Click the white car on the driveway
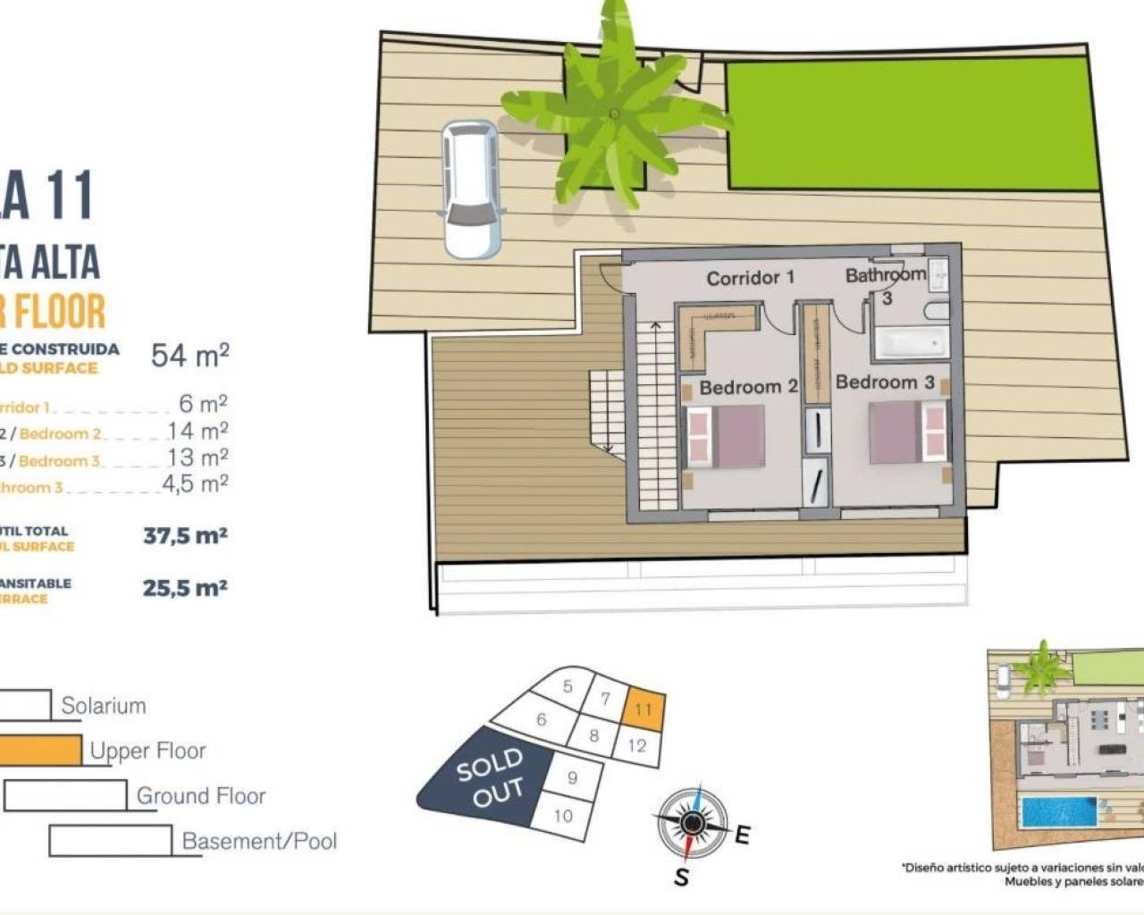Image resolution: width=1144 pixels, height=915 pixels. pos(471,189)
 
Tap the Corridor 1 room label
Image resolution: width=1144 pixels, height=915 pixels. pos(750,278)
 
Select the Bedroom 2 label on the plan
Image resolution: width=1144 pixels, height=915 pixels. pos(748,387)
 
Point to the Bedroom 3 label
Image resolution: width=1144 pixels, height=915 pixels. pos(884,382)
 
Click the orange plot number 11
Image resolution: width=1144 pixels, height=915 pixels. pos(643,709)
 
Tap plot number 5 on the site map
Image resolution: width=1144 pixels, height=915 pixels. pos(568,686)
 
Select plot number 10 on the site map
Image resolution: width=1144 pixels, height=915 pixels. pos(563,815)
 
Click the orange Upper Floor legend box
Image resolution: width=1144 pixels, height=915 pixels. pos(40,751)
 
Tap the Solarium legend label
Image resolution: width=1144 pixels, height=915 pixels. pos(103,706)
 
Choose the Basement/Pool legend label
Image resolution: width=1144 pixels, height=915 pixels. pos(259,841)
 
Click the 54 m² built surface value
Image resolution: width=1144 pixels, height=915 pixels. pos(189,356)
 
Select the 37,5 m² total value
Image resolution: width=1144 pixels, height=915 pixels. pos(185,536)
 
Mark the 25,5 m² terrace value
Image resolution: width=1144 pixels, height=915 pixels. pos(185,588)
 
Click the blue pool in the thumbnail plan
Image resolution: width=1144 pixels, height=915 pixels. pos(1058,813)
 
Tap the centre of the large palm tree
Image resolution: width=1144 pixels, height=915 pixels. pos(614,113)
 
